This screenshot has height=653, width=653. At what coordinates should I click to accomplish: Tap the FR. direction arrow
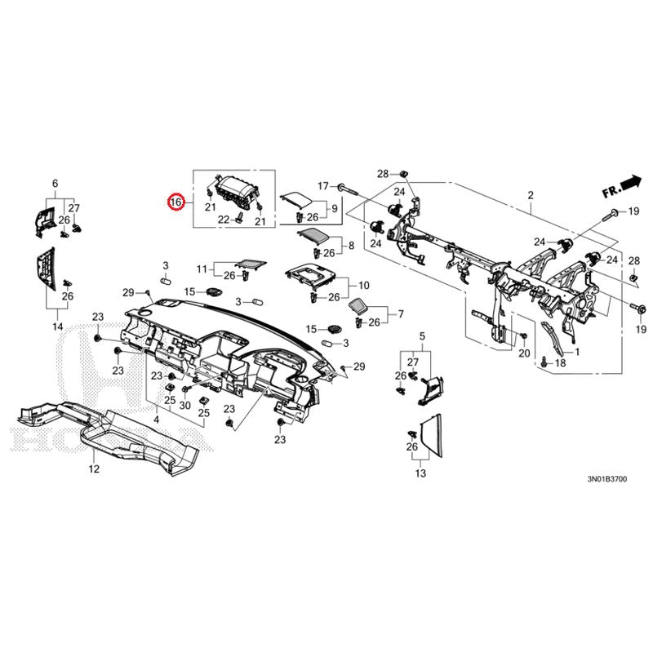point(622,186)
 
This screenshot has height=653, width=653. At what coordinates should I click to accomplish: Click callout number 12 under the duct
point(93,469)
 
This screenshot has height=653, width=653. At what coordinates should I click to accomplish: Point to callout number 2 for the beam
point(530,196)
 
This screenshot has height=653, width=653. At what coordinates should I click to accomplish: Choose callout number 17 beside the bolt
point(322,186)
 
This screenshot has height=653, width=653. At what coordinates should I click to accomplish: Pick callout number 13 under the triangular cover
point(420,473)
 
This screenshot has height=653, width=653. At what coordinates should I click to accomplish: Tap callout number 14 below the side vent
point(57,326)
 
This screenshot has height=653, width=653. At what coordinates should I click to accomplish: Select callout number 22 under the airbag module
point(223,220)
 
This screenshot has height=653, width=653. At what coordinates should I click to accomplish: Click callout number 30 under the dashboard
point(185,406)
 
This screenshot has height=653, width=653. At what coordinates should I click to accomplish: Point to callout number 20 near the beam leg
point(525,353)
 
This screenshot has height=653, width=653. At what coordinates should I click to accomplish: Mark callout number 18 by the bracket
point(560,362)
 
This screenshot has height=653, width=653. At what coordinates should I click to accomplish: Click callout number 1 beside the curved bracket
point(577,352)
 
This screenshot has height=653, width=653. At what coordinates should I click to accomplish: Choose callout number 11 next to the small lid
point(202,268)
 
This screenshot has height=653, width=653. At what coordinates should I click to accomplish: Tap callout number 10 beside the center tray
point(364,286)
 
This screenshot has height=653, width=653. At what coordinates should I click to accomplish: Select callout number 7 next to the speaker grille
point(400,313)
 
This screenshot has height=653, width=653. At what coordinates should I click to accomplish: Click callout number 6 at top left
point(56,184)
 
